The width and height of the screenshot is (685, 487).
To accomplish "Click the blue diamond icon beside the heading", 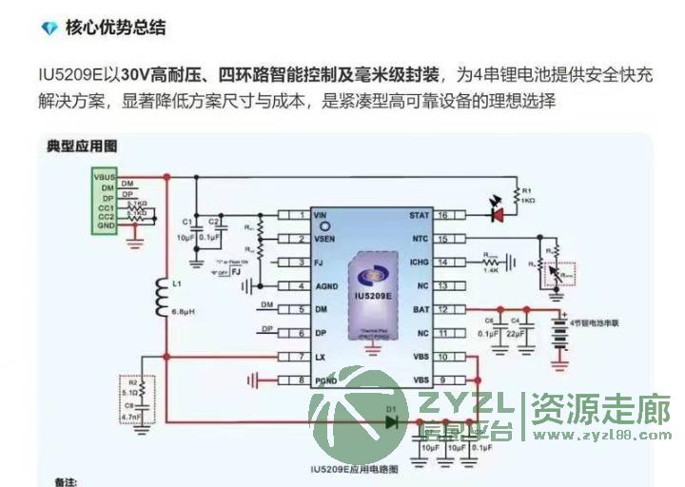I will click(x=49, y=29).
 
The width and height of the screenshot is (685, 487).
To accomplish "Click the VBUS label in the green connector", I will click(x=104, y=177).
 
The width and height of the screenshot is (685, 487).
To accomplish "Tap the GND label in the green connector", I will click(x=107, y=224).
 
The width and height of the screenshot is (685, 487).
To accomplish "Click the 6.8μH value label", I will click(x=184, y=311).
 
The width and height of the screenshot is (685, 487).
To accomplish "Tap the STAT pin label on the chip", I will click(x=420, y=216).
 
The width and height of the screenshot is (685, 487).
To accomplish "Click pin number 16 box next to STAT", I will click(x=443, y=216).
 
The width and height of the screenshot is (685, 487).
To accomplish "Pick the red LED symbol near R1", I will click(x=495, y=213).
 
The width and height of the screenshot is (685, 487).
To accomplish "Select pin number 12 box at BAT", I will click(x=443, y=309).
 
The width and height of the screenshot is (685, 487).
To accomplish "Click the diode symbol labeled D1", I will click(x=390, y=422).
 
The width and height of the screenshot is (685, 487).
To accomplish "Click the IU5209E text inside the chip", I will click(x=374, y=297).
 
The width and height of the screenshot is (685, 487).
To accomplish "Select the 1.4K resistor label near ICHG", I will click(x=492, y=271).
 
